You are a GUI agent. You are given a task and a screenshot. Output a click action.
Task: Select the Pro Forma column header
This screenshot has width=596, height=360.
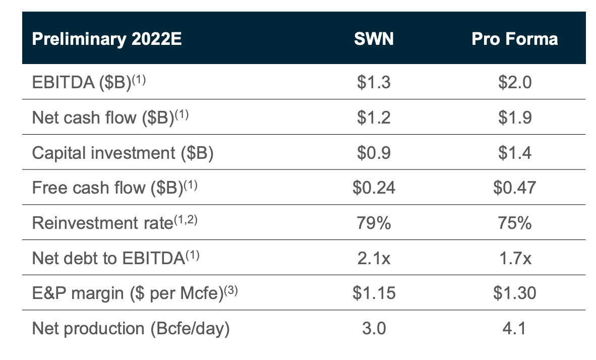(x=514, y=39)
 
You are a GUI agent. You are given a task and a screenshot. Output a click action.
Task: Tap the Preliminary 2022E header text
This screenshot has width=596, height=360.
(x=106, y=39)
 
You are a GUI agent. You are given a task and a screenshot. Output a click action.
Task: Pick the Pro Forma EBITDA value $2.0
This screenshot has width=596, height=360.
(x=514, y=82)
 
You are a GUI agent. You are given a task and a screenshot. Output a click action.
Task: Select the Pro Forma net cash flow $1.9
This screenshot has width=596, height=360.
(x=514, y=117)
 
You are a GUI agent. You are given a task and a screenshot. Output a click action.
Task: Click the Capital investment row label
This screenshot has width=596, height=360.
(x=123, y=152)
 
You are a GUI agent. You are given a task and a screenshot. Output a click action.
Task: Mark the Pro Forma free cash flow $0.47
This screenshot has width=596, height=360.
(x=514, y=188)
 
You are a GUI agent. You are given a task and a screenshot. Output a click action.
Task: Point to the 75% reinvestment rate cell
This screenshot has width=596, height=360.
(x=514, y=223)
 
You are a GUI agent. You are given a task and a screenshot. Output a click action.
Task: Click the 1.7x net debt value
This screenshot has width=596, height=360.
(x=514, y=258)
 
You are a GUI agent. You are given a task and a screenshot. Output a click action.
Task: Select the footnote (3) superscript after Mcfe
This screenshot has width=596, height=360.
(x=230, y=289)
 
